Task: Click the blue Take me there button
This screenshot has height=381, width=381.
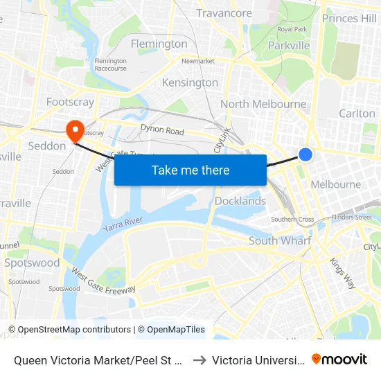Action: [x=190, y=170]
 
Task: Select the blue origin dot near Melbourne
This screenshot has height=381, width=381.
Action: [x=305, y=154]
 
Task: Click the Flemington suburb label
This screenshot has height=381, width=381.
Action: [x=159, y=44]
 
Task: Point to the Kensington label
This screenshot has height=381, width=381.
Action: [x=190, y=83]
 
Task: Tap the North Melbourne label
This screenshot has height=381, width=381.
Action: [x=263, y=105]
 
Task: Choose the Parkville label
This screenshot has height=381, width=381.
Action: [x=288, y=45]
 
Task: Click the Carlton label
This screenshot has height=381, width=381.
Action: [x=357, y=114]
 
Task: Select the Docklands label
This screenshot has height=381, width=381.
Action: [x=240, y=202]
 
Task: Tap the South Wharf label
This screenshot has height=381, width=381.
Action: [x=280, y=241]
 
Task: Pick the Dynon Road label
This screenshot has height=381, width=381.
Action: [x=162, y=130]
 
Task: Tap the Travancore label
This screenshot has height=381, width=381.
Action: [x=224, y=13]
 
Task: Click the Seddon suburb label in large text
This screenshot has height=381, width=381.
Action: [x=46, y=146]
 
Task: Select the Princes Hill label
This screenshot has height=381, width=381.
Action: [x=350, y=19]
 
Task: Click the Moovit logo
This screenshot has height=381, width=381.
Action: [x=339, y=360]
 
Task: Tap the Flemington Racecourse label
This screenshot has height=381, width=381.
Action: [x=111, y=64]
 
